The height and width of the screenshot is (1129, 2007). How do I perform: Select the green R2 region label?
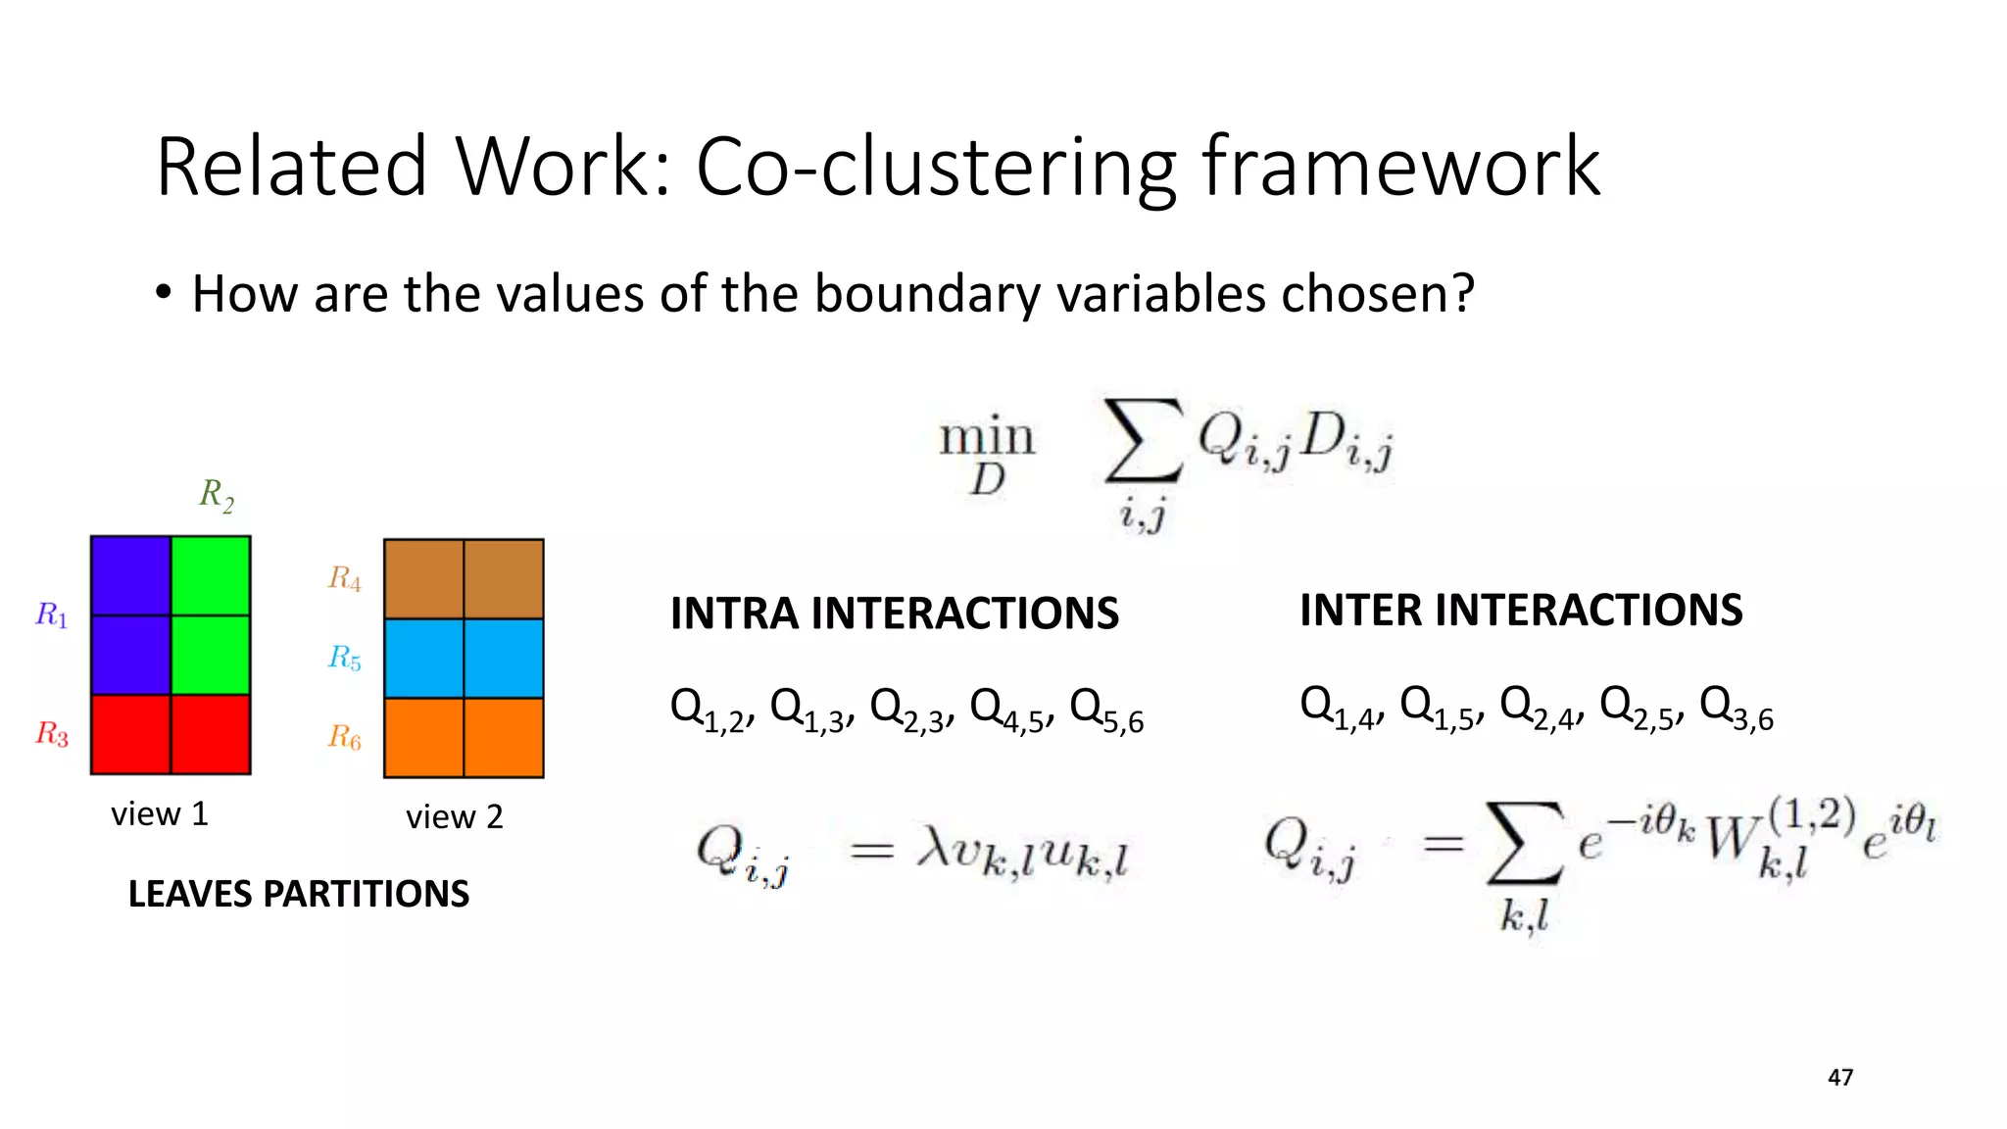click(217, 495)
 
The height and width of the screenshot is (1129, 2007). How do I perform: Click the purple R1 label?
click(52, 615)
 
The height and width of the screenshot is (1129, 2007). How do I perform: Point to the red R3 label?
click(52, 733)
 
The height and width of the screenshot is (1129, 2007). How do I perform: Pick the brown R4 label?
click(344, 578)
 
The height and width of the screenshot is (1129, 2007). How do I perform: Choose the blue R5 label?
click(344, 658)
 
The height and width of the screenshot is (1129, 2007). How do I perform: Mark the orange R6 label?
click(344, 737)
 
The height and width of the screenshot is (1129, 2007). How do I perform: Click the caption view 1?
click(160, 814)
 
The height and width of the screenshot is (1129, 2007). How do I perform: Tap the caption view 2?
click(455, 817)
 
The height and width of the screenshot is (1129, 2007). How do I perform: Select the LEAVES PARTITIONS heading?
click(299, 895)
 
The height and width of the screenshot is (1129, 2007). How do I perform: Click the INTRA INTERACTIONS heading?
click(894, 614)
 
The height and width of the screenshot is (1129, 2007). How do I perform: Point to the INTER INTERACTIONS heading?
click(1521, 611)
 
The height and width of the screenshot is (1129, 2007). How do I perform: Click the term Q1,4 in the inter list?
click(1339, 709)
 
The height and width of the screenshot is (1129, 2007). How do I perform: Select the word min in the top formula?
click(987, 437)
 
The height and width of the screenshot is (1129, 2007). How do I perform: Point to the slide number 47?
click(1840, 1078)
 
